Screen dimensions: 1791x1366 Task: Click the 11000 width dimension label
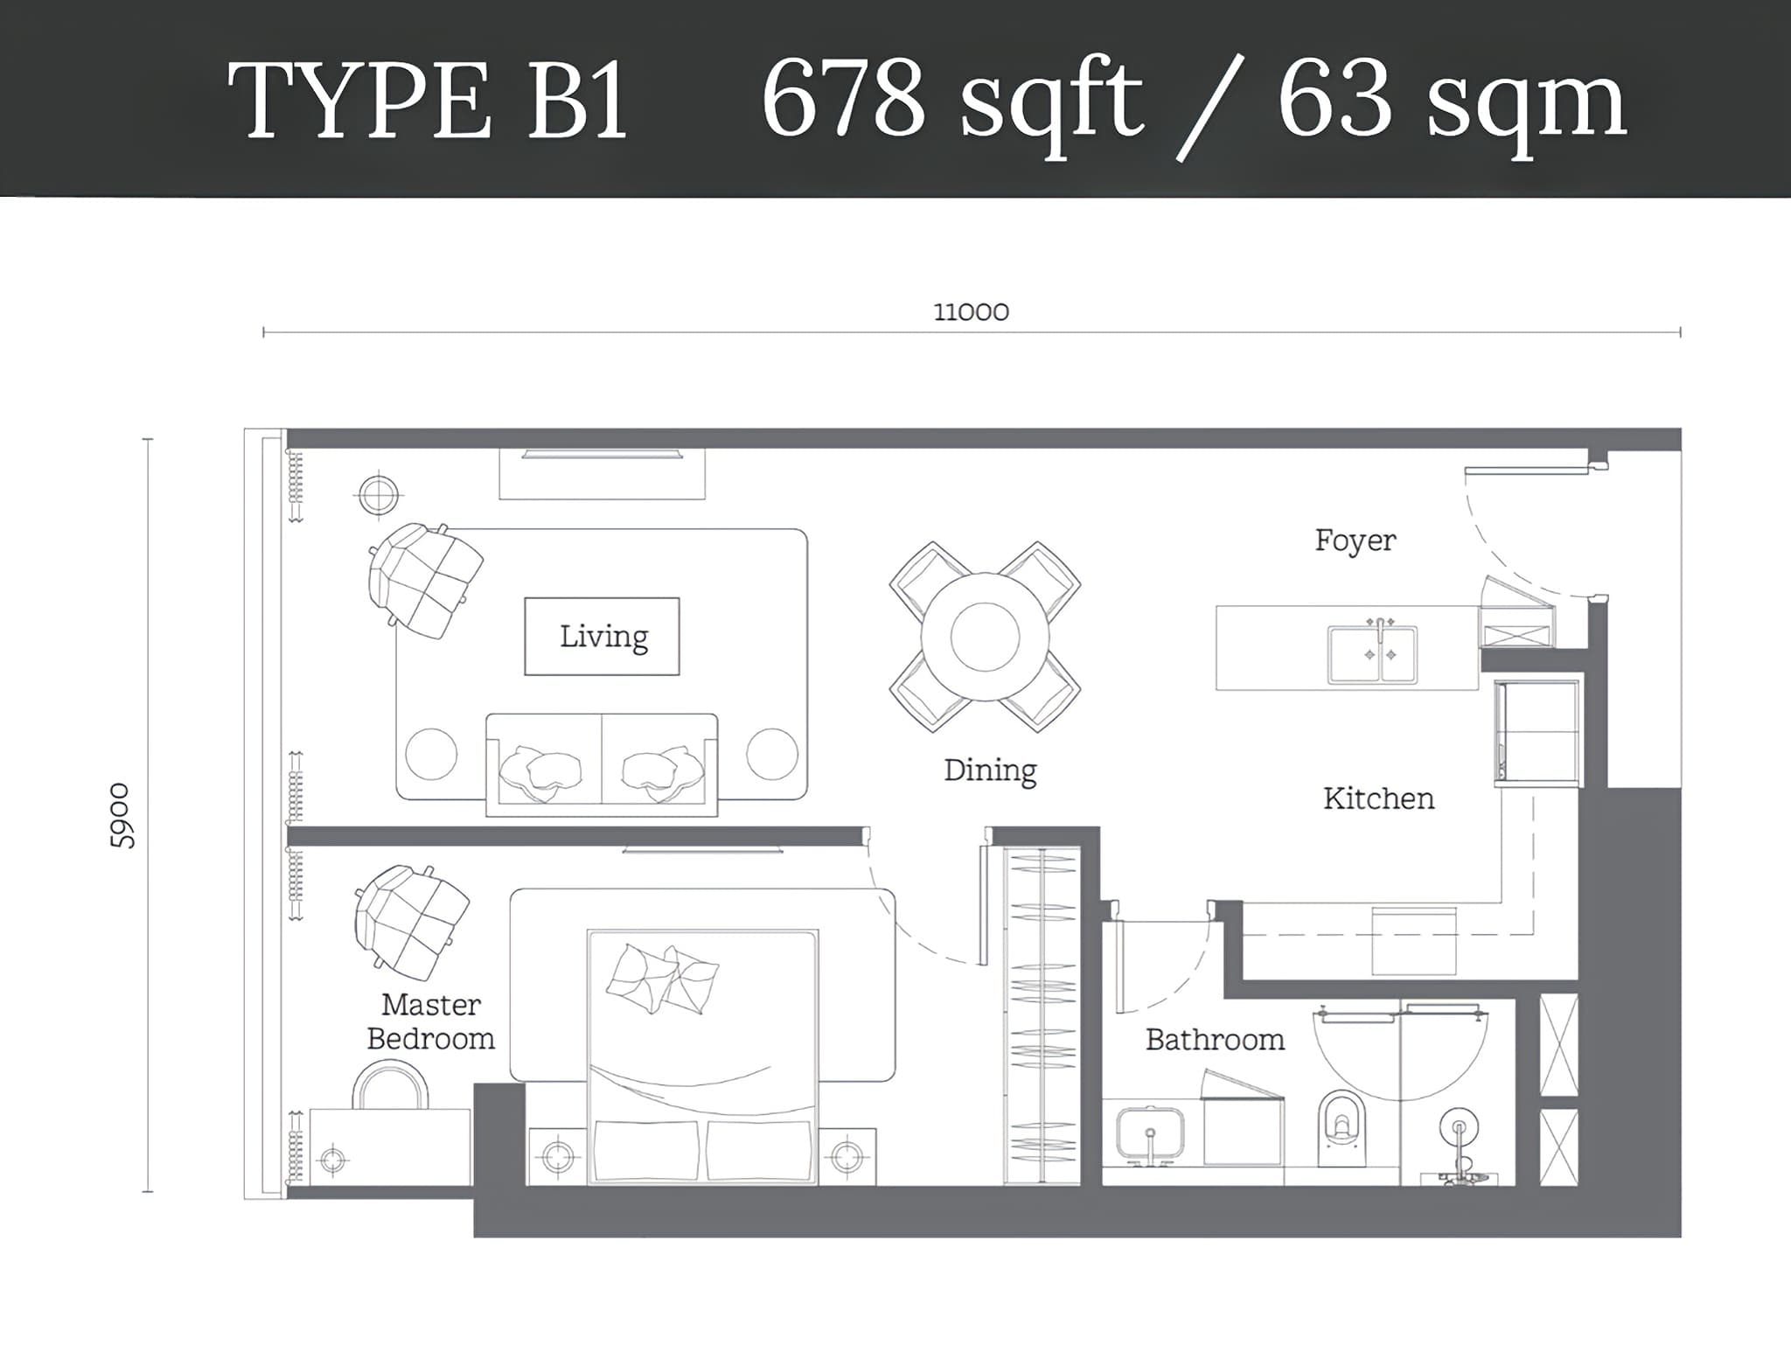pos(971,312)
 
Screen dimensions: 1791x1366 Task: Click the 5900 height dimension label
pos(122,815)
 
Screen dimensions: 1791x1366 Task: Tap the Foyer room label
pos(1355,540)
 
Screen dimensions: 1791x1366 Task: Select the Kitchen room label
pos(1378,798)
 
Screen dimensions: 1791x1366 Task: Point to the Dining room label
pos(990,770)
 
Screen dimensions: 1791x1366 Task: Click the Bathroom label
pos(1215,1039)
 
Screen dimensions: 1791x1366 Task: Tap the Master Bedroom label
pos(430,1021)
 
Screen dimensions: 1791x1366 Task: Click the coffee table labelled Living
pos(602,636)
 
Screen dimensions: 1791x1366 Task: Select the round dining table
pos(985,636)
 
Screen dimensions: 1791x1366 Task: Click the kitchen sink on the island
pos(1372,652)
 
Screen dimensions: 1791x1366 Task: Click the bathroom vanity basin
pos(1151,1135)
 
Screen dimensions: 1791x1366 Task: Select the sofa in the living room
pos(602,764)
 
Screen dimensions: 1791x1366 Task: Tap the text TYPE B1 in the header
pos(429,101)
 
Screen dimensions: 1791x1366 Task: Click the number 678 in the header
pos(844,99)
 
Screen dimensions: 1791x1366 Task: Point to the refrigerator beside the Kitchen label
pos(1537,732)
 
